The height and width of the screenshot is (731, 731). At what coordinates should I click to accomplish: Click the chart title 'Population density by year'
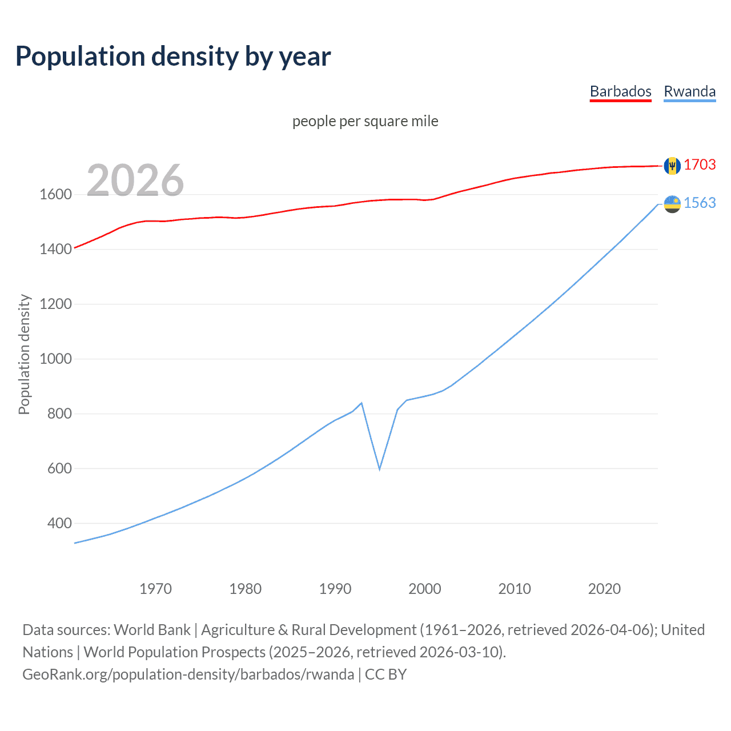point(173,57)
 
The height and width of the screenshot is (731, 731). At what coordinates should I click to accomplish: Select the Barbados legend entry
point(620,91)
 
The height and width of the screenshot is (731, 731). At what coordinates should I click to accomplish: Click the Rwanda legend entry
point(689,91)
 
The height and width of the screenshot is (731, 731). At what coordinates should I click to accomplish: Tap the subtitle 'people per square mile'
point(365,122)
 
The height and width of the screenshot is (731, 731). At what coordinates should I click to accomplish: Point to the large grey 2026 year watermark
point(135,180)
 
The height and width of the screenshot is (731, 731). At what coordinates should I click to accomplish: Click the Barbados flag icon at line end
point(672,166)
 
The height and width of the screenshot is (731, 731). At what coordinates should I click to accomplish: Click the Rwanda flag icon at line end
point(672,204)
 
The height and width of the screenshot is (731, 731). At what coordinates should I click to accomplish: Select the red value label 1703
point(700,165)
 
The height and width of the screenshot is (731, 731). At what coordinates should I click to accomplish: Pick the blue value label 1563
point(700,203)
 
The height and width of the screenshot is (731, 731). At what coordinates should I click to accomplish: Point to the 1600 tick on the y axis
point(55,195)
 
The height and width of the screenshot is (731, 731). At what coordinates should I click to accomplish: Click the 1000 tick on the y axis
point(55,359)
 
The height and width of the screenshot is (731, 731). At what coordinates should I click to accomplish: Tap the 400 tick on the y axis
point(59,524)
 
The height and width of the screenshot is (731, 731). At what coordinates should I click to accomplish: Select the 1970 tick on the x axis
point(155,589)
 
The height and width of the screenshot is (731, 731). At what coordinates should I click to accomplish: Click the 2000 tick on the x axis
point(425,589)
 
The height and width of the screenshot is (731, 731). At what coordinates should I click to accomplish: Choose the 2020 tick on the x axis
point(604,589)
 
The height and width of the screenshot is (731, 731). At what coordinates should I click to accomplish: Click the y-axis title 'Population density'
point(24,354)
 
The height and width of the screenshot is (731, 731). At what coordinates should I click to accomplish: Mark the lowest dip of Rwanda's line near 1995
point(380,469)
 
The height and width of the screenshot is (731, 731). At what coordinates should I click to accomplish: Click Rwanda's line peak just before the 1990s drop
point(362,403)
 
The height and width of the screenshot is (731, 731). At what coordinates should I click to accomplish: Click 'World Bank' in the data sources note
point(152,630)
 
